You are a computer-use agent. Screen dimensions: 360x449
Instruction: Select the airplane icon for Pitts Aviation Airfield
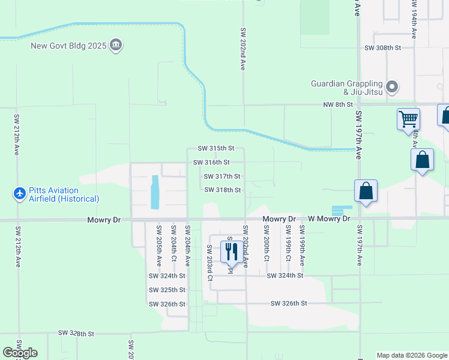(x=19, y=194)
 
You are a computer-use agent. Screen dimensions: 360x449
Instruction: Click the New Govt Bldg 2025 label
(x=70, y=45)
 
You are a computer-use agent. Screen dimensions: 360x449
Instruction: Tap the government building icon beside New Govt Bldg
(x=116, y=45)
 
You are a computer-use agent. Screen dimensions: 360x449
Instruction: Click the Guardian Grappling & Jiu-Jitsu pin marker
(x=392, y=88)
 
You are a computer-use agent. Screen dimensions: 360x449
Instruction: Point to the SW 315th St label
(x=216, y=148)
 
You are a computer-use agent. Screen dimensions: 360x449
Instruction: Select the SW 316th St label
(x=211, y=162)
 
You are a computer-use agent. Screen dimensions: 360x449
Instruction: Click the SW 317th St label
(x=222, y=176)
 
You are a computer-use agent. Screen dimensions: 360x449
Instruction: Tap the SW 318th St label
(x=223, y=190)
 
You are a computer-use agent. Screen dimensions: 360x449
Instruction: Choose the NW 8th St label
(x=335, y=104)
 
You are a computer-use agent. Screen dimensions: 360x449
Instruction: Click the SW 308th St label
(x=382, y=47)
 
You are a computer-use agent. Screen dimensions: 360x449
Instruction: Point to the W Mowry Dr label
(x=329, y=220)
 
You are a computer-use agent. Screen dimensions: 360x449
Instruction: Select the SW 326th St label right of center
(x=289, y=304)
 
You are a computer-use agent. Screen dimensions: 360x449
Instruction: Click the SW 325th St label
(x=167, y=290)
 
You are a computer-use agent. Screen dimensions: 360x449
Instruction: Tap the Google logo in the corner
(x=20, y=353)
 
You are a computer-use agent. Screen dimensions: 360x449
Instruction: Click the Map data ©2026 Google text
(x=411, y=355)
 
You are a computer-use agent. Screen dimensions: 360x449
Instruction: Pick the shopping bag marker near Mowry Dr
(x=366, y=192)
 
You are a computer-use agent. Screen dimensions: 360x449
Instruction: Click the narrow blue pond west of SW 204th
(x=155, y=192)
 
